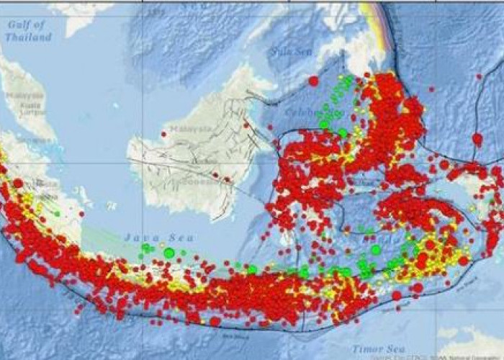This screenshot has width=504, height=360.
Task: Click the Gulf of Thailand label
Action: pyautogui.click(x=29, y=30)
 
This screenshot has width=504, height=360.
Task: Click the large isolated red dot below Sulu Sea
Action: pyautogui.click(x=313, y=81)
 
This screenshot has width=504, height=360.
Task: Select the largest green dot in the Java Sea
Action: pyautogui.click(x=169, y=253)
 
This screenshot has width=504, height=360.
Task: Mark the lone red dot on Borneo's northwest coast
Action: pyautogui.click(x=164, y=133)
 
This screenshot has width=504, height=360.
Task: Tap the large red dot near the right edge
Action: pyautogui.click(x=477, y=138)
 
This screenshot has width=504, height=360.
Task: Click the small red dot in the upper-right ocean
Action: pyautogui.click(x=478, y=76)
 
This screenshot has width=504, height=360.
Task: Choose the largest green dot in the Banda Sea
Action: pyautogui.click(x=376, y=250)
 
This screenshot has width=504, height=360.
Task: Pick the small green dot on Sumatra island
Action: pyautogui.click(x=57, y=214)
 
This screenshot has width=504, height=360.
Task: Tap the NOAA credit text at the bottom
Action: pyautogui.click(x=461, y=356)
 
